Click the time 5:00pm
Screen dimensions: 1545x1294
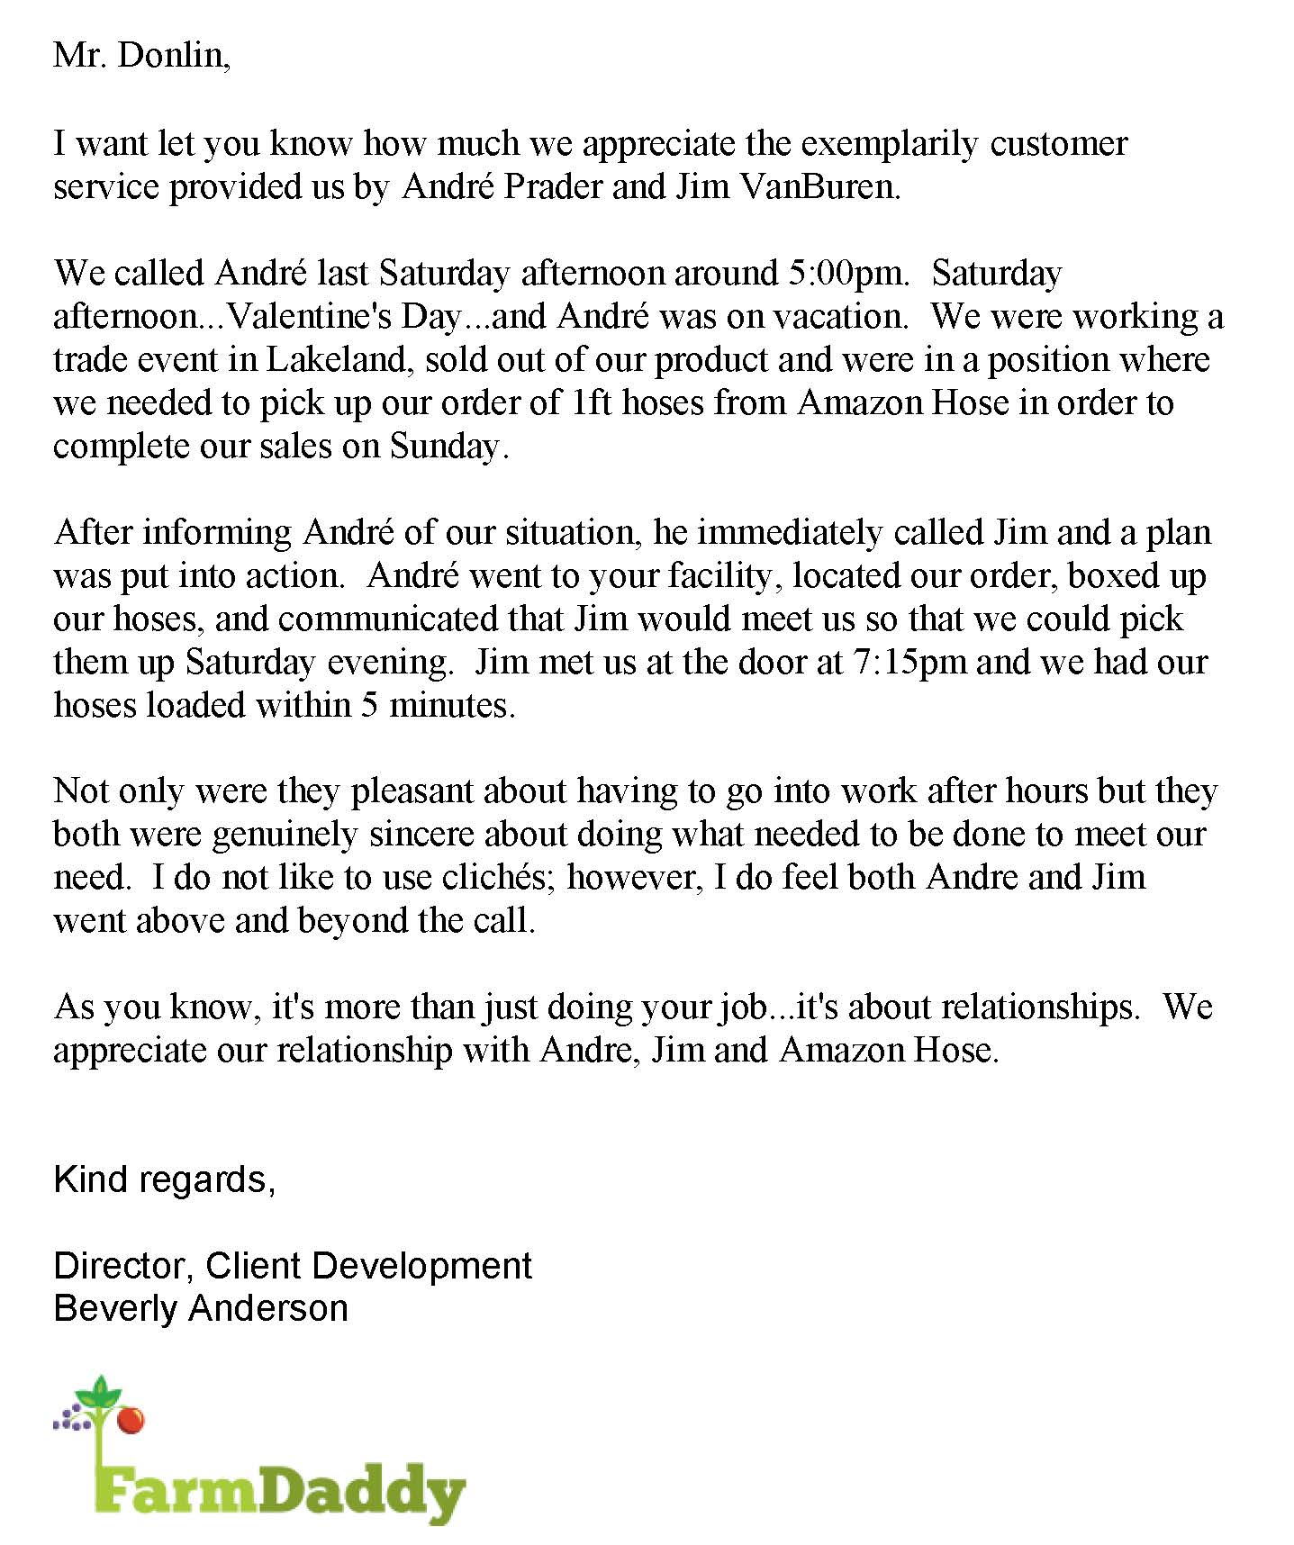pyautogui.click(x=846, y=273)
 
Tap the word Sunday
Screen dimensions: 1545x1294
pyautogui.click(x=445, y=447)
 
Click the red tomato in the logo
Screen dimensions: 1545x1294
pyautogui.click(x=131, y=1420)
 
